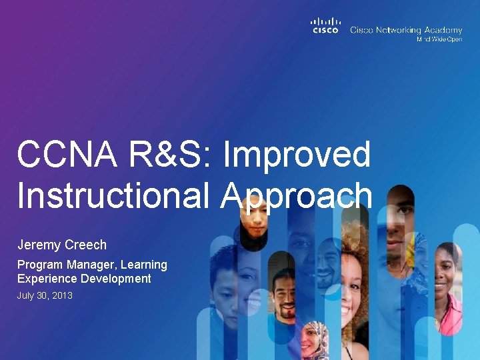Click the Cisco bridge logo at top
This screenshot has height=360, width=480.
326,25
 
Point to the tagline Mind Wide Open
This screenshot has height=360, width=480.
439,39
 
